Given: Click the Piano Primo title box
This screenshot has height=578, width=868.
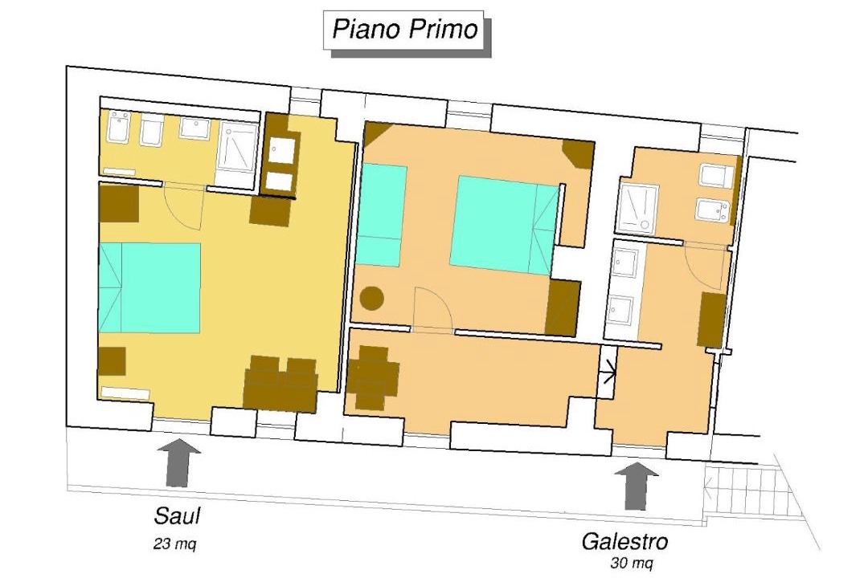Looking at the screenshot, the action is click(x=403, y=30).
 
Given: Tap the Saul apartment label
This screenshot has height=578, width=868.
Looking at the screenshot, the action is click(x=177, y=516).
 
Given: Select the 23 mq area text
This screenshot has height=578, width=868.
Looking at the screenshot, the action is click(x=175, y=544).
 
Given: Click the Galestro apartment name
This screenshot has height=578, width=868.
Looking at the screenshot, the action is click(x=624, y=542).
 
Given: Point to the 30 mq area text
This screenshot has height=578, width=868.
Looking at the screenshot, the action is click(x=632, y=563).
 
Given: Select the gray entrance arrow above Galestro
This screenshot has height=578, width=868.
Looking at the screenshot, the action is click(x=636, y=486).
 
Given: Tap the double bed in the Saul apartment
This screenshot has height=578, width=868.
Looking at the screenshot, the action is click(x=149, y=287).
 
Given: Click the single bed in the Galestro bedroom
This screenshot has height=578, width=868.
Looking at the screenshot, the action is click(x=382, y=215).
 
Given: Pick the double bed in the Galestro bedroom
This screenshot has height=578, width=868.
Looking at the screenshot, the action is click(x=504, y=225).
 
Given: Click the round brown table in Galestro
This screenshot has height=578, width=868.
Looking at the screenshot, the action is click(x=372, y=299).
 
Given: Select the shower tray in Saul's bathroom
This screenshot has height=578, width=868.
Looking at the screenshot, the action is click(x=237, y=147).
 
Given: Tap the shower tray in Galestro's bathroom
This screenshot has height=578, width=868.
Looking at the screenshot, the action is click(x=637, y=209).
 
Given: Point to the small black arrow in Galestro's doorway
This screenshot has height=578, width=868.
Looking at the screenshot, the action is click(x=609, y=372).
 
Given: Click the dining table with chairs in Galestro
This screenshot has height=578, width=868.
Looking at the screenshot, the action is click(x=373, y=377).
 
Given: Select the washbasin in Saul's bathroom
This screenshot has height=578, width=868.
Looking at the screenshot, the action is click(x=194, y=128).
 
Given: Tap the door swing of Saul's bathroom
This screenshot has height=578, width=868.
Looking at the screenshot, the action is click(x=184, y=206).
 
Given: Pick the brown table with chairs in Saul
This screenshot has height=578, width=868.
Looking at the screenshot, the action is click(x=281, y=382).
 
